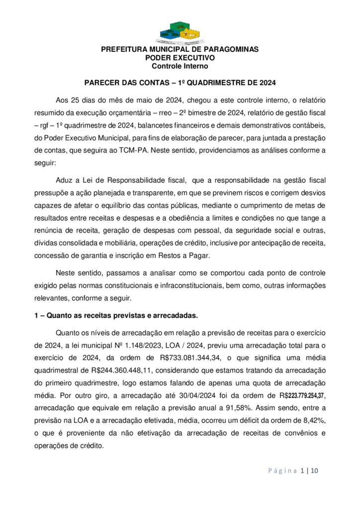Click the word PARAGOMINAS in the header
(230, 50)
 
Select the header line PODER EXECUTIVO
(180, 58)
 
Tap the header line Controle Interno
(180, 66)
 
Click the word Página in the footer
(282, 470)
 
